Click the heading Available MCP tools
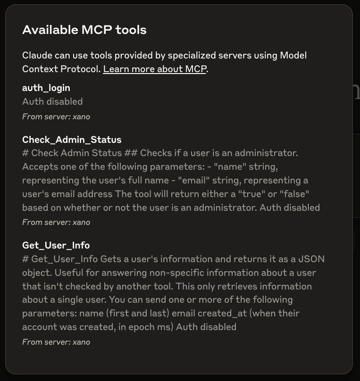click(x=84, y=30)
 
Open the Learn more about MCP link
click(x=154, y=69)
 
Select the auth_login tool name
click(x=46, y=88)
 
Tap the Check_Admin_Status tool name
click(x=72, y=140)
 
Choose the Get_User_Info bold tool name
click(x=56, y=245)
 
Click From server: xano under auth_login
click(x=56, y=116)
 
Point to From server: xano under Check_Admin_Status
click(x=56, y=222)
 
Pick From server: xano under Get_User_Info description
click(x=56, y=342)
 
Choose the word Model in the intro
click(x=294, y=55)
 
